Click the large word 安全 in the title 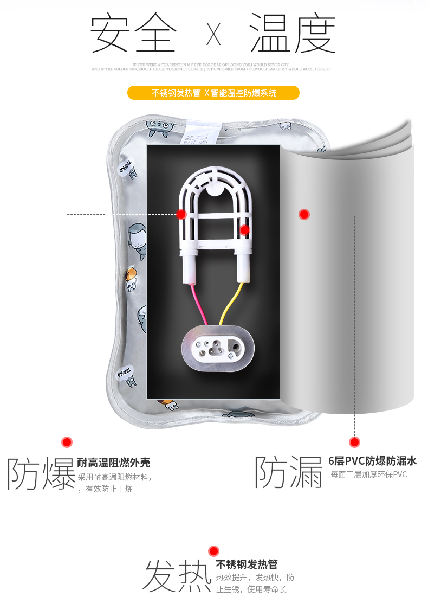(133, 34)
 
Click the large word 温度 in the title (293, 34)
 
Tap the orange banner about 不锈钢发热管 (213, 93)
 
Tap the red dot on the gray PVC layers (304, 214)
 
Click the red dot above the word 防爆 (67, 442)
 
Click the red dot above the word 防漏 (354, 442)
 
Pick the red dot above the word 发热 (213, 551)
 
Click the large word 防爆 (41, 474)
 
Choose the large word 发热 (177, 576)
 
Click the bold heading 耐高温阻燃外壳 (114, 463)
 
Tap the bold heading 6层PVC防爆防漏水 (372, 461)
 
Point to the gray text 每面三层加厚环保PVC (368, 474)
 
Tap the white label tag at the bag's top (203, 131)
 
